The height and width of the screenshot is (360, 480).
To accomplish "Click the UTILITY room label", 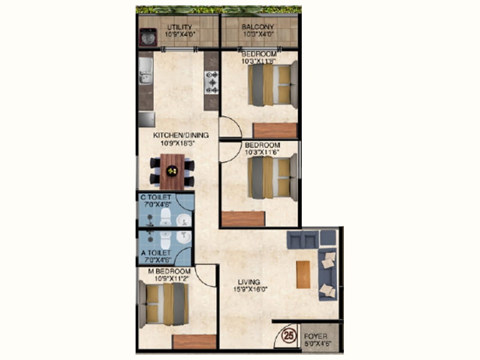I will pyautogui.click(x=179, y=27).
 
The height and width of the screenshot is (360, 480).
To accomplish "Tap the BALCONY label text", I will pyautogui.click(x=257, y=27).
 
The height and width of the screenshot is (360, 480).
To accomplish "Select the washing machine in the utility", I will pyautogui.click(x=148, y=37).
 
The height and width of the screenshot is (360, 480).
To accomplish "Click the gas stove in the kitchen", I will pyautogui.click(x=212, y=83).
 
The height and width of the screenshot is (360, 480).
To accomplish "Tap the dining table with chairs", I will pyautogui.click(x=172, y=171).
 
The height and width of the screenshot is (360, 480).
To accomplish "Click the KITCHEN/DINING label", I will pyautogui.click(x=181, y=135).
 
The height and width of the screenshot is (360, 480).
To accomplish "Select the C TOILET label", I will pyautogui.click(x=155, y=197).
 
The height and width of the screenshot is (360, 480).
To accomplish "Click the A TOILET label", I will pyautogui.click(x=155, y=253).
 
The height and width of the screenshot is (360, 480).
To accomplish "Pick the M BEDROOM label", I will pyautogui.click(x=168, y=271).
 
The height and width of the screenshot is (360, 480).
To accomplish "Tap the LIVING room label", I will pyautogui.click(x=248, y=282).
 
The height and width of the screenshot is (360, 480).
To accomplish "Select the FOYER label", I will pyautogui.click(x=316, y=337).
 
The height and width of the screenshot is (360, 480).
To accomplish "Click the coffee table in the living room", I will pyautogui.click(x=303, y=274).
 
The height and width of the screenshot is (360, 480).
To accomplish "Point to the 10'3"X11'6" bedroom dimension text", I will pyautogui.click(x=262, y=153).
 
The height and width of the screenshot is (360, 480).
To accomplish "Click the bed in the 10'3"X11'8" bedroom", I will pyautogui.click(x=273, y=85).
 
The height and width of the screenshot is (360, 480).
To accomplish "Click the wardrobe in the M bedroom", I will pyautogui.click(x=194, y=341).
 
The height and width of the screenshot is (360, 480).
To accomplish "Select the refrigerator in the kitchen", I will pyautogui.click(x=146, y=119).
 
